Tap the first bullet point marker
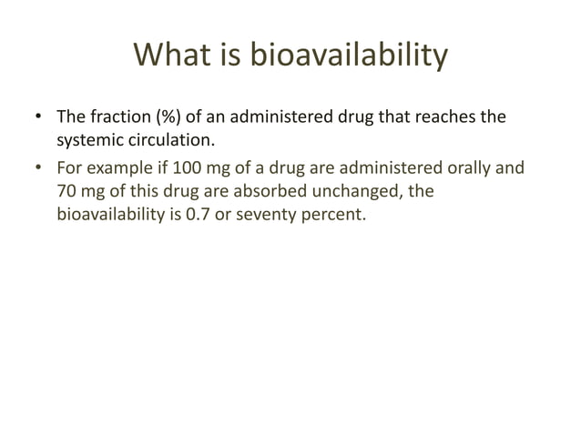coord(38,118)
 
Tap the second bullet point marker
coord(38,167)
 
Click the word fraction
coord(117,118)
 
